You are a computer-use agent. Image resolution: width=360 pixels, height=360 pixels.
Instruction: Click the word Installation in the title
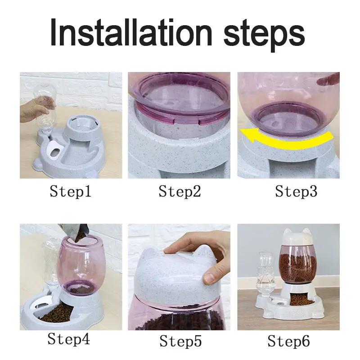coord(130,32)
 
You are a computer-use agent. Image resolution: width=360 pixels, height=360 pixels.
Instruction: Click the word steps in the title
coord(264,32)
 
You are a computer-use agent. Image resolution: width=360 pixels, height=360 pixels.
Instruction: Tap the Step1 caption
coord(71,192)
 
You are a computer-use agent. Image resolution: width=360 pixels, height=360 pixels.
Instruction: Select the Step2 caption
coord(180,192)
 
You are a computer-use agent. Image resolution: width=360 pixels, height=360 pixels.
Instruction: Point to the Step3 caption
coord(296,192)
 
